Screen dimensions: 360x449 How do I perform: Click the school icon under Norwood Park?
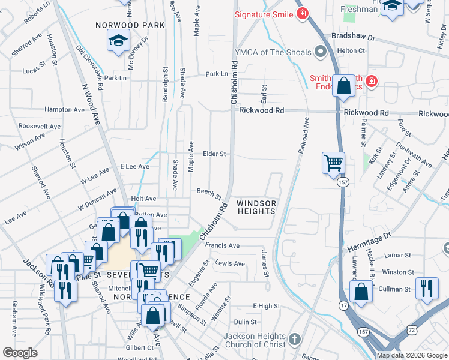pyautogui.click(x=118, y=41)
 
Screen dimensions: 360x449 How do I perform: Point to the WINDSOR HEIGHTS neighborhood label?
pyautogui.click(x=256, y=207)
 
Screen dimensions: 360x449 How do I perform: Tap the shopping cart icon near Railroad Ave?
pyautogui.click(x=333, y=162)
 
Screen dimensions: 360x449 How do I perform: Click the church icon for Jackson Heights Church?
pyautogui.click(x=294, y=340)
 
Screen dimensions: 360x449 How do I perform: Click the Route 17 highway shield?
pyautogui.click(x=343, y=306)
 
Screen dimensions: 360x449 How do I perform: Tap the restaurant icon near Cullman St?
pyautogui.click(x=427, y=287)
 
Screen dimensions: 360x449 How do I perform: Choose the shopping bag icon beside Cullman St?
pyautogui.click(x=361, y=292)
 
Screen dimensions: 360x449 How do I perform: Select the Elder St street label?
pyautogui.click(x=214, y=154)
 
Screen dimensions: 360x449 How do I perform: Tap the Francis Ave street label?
pyautogui.click(x=222, y=245)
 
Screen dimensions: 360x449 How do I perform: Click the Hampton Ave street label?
pyautogui.click(x=65, y=110)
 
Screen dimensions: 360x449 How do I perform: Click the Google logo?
pyautogui.click(x=20, y=353)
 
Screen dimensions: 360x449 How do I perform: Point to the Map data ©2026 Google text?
pyautogui.click(x=412, y=355)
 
